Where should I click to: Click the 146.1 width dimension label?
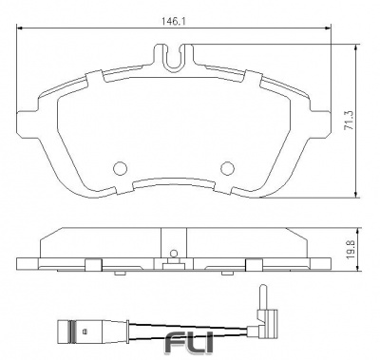(174, 22)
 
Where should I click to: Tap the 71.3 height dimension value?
(350, 121)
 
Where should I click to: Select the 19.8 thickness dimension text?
(351, 250)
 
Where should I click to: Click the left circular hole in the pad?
(120, 168)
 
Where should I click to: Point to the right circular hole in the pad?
(227, 168)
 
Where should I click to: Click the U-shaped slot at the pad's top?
(174, 59)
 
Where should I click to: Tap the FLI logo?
(189, 343)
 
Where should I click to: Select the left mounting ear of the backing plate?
(27, 123)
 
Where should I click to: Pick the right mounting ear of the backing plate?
(320, 123)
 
